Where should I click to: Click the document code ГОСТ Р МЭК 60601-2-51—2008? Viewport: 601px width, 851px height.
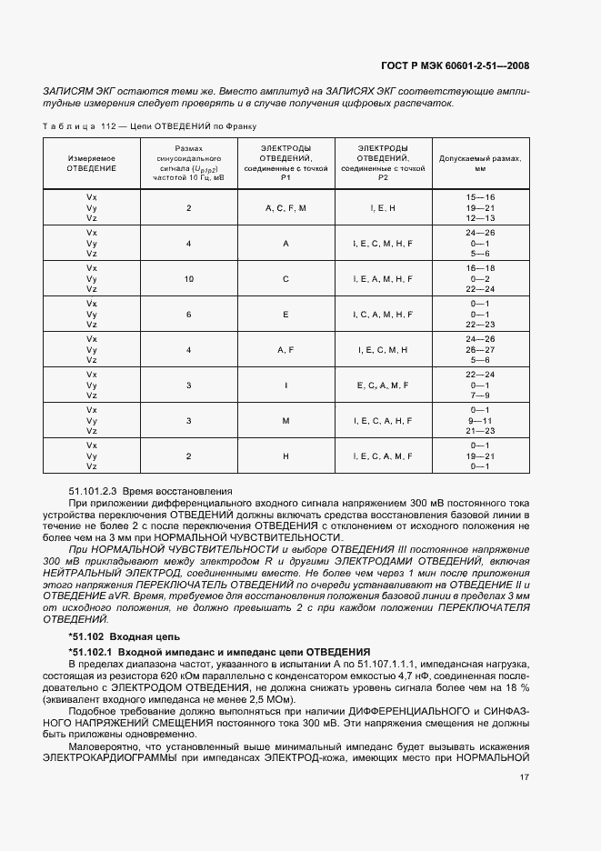tap(453, 65)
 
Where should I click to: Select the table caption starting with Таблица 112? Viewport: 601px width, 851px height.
tap(150, 126)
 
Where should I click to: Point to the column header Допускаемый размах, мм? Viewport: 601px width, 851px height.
tap(480, 163)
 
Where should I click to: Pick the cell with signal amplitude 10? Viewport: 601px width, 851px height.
tap(189, 278)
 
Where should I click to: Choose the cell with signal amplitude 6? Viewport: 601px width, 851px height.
tap(189, 314)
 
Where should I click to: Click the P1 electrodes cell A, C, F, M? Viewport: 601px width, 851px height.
tap(285, 208)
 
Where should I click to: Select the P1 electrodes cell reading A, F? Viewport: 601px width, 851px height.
tap(285, 349)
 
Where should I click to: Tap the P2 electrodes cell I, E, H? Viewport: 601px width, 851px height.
tap(382, 208)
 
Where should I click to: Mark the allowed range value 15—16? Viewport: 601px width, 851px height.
tap(480, 197)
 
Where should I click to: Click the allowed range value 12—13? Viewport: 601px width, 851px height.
tap(480, 218)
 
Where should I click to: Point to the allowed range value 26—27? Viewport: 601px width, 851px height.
tap(480, 349)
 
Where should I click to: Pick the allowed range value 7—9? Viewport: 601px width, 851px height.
tap(480, 395)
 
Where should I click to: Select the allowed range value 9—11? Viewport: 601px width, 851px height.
tap(480, 420)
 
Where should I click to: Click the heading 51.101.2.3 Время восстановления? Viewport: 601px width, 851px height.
tap(139, 489)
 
